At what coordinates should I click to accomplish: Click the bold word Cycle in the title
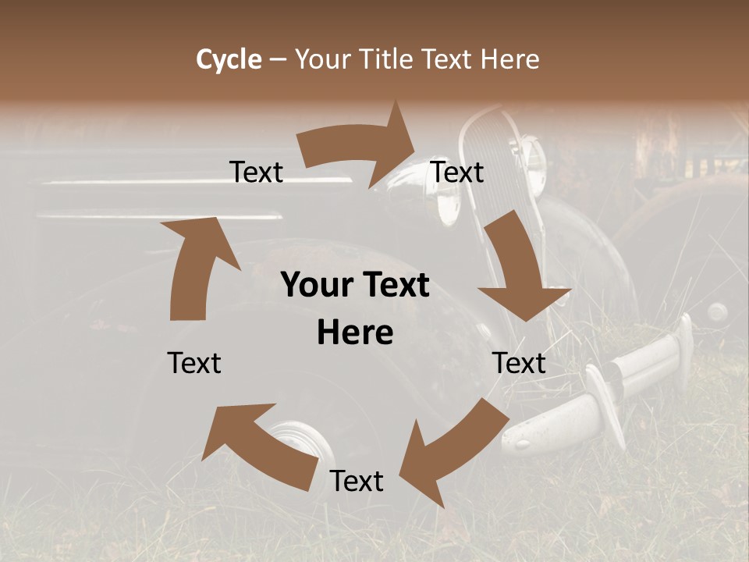pyautogui.click(x=229, y=59)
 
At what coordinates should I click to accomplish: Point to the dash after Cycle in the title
pyautogui.click(x=279, y=59)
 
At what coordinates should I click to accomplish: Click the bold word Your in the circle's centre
pyautogui.click(x=312, y=285)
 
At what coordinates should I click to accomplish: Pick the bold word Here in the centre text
pyautogui.click(x=355, y=333)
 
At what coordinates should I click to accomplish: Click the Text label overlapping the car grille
pyautogui.click(x=458, y=172)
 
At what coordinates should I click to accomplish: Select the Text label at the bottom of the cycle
pyautogui.click(x=357, y=481)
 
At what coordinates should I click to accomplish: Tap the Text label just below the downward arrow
pyautogui.click(x=519, y=363)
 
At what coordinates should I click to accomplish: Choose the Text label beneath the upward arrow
pyautogui.click(x=194, y=363)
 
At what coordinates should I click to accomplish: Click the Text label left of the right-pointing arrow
pyautogui.click(x=257, y=172)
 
